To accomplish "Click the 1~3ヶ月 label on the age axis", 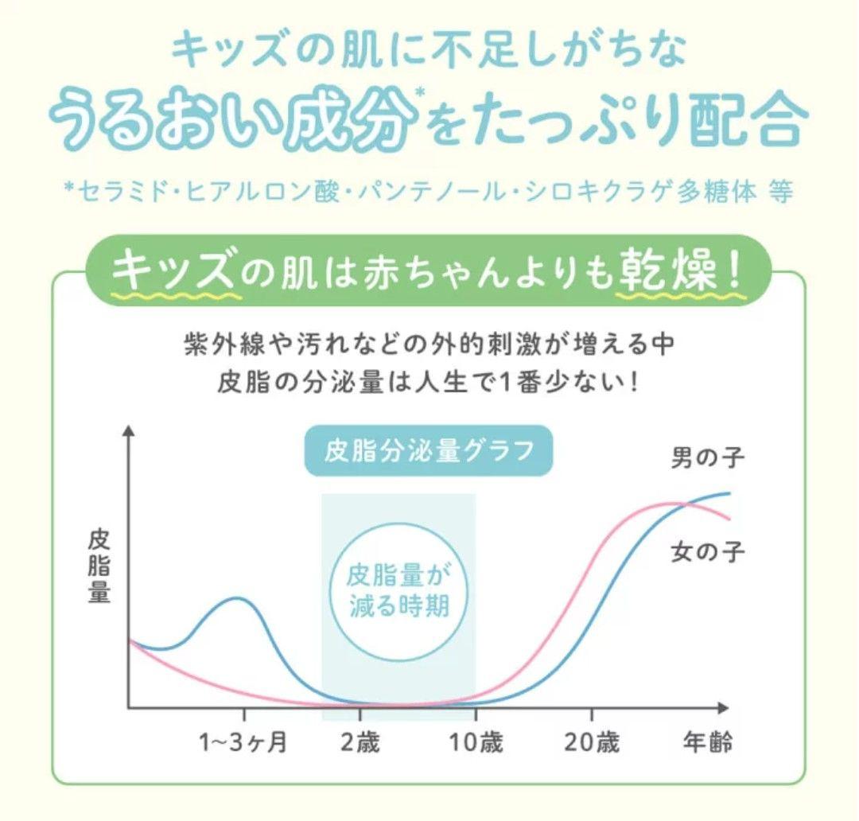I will [243, 744].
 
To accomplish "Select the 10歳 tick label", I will [476, 744].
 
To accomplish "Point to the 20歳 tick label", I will [592, 744].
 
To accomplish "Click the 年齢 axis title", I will [708, 744].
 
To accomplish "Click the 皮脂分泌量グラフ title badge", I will [429, 452].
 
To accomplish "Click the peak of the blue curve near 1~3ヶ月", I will [235, 597].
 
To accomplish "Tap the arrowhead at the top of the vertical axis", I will [129, 431].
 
